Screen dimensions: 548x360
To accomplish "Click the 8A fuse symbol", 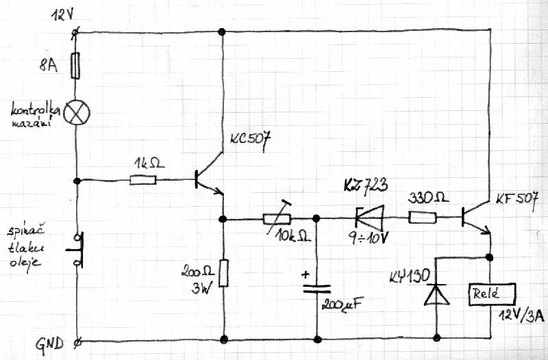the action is (75, 65).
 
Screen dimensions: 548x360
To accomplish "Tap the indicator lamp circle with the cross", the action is (77, 112).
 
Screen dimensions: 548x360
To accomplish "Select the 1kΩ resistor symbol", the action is (143, 180).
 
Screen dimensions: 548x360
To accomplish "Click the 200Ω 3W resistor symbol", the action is (224, 273).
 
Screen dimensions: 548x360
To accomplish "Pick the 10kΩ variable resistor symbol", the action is (277, 218).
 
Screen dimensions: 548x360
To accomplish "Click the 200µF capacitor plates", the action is (316, 288).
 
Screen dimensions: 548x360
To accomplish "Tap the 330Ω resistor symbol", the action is (422, 218).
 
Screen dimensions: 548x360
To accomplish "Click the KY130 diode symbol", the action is (436, 294).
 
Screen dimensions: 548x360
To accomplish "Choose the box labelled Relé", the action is (492, 294).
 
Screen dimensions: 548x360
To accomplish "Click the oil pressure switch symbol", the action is (77, 250).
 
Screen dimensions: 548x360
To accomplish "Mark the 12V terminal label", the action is (62, 15).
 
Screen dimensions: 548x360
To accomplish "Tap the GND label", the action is (49, 344).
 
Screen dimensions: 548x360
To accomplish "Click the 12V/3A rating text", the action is (521, 316).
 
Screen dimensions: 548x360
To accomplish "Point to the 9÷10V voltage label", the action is (369, 238).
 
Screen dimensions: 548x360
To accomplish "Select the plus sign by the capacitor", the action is (306, 275).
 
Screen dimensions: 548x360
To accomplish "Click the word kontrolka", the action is (36, 110).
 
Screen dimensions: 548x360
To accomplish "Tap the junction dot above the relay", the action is (489, 257).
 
